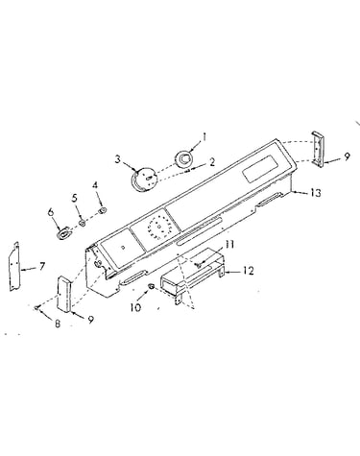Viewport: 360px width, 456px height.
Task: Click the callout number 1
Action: (x=204, y=137)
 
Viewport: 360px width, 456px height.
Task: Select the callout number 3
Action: (x=118, y=159)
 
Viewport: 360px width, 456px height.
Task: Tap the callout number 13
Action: (x=315, y=193)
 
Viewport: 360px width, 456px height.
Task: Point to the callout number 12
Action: (x=248, y=271)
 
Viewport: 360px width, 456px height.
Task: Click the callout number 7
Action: (x=42, y=266)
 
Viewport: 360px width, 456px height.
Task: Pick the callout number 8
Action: (x=58, y=324)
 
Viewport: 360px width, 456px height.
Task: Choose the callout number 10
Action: (x=135, y=307)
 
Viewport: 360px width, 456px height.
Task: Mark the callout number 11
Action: (x=229, y=245)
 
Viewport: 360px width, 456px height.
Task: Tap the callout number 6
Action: (x=51, y=212)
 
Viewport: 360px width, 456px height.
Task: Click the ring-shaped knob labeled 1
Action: (x=183, y=158)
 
